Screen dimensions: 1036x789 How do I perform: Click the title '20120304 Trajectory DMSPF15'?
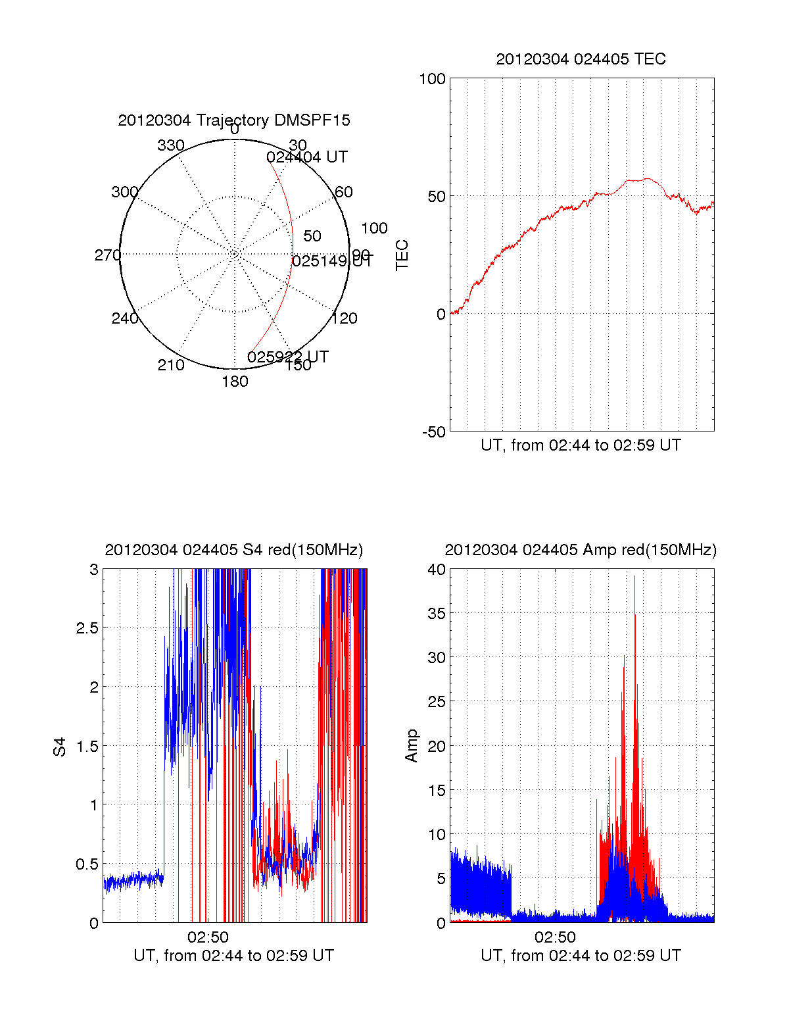234,120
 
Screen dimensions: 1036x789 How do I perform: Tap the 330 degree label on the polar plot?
171,145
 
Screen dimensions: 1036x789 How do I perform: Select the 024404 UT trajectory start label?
307,157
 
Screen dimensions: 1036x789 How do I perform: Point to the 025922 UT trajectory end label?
288,357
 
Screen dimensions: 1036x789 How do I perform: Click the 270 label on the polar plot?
107,255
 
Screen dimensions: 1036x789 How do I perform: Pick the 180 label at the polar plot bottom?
235,382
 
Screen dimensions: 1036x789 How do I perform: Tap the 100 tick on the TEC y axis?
432,80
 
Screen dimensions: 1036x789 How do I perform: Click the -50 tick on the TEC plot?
433,432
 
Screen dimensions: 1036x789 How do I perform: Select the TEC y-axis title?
402,255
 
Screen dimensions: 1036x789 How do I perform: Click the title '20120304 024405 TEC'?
581,59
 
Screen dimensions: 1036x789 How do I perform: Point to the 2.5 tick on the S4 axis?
87,628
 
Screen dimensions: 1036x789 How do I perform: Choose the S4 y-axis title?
60,747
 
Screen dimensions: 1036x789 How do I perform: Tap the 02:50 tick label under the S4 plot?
208,937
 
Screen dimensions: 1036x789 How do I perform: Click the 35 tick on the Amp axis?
437,614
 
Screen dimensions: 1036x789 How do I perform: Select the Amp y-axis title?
412,746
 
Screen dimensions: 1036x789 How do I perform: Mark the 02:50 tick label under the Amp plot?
555,937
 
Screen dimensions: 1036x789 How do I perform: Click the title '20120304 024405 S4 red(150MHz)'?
233,550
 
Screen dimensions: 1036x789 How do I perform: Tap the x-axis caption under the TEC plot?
581,445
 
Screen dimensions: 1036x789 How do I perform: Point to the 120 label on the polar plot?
345,318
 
